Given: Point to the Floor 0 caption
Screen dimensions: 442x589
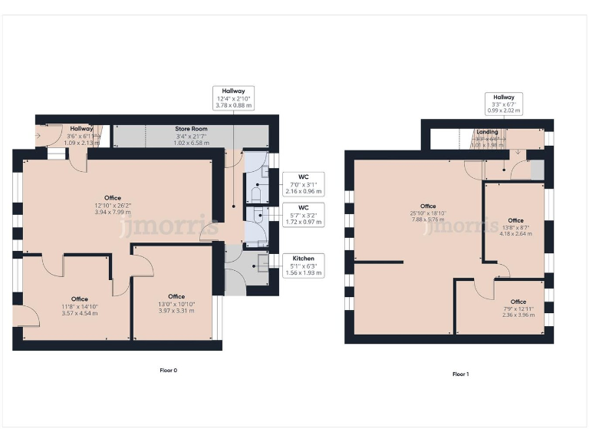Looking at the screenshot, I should [168, 371].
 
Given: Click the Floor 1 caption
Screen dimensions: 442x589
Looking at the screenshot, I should [460, 374].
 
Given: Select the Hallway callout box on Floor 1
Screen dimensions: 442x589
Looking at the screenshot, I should [504, 104].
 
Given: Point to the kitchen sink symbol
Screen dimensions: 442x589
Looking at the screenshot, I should [263, 263].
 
